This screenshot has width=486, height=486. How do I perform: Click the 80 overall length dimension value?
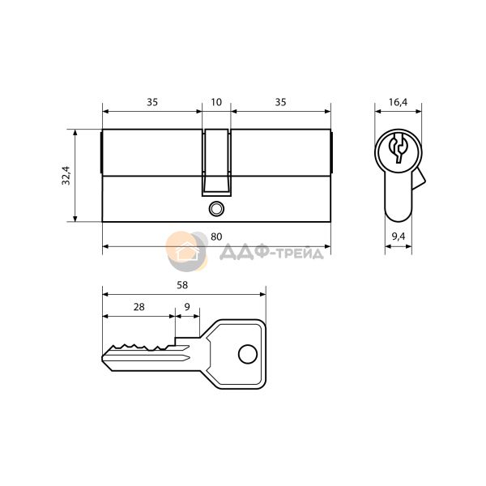216,237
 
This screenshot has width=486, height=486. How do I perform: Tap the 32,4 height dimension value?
66,176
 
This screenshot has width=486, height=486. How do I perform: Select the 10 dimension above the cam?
216,102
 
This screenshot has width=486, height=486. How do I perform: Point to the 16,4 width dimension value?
399,102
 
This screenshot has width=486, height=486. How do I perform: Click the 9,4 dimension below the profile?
399,237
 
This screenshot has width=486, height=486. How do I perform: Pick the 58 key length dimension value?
182,285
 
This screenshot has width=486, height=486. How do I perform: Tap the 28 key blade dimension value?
139,307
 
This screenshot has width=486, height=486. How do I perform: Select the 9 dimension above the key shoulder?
187,307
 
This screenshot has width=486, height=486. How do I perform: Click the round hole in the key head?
248,354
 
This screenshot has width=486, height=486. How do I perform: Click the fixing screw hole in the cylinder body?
215,209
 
